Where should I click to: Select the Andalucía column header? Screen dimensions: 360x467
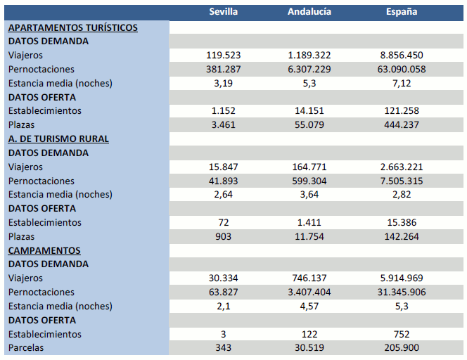pyautogui.click(x=309, y=12)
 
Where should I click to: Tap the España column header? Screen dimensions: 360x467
pyautogui.click(x=402, y=12)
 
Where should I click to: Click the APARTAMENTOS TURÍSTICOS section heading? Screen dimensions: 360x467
pyautogui.click(x=72, y=27)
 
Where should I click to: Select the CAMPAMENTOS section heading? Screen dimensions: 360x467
pyautogui.click(x=44, y=250)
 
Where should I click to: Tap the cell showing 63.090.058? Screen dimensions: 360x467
pyautogui.click(x=402, y=69)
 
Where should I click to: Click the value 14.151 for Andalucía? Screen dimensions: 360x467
pyautogui.click(x=309, y=111)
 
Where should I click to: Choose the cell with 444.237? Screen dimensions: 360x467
pyautogui.click(x=402, y=124)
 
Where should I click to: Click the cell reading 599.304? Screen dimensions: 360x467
pyautogui.click(x=309, y=181)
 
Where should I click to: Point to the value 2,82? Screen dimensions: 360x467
pyautogui.click(x=402, y=194)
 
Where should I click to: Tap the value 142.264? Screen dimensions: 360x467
pyautogui.click(x=402, y=236)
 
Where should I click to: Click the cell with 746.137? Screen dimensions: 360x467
pyautogui.click(x=309, y=278)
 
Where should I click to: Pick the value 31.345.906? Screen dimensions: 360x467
pyautogui.click(x=402, y=292)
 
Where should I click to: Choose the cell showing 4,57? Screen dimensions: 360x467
pyautogui.click(x=309, y=306)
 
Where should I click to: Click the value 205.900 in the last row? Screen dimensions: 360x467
pyautogui.click(x=402, y=348)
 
